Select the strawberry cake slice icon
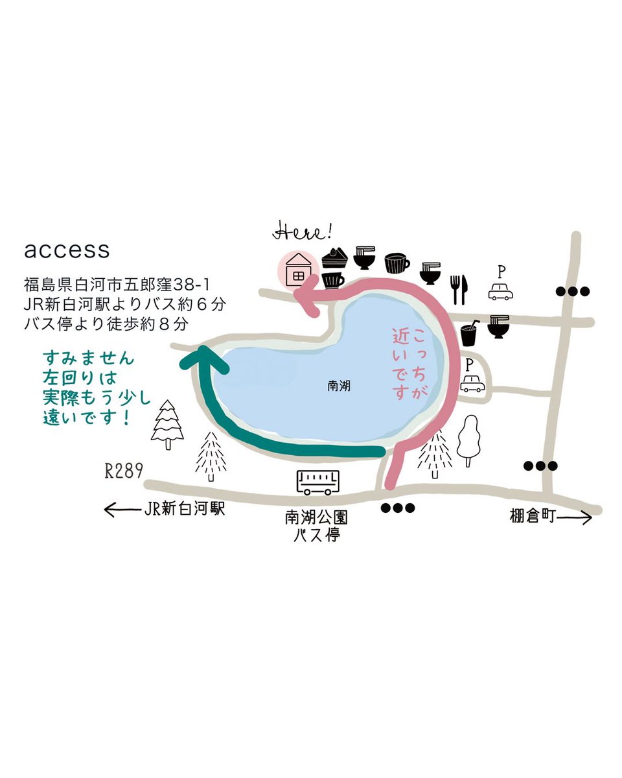[335, 258]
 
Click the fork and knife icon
[459, 289]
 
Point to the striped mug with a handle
[397, 263]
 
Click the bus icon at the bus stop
[318, 482]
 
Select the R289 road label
[124, 471]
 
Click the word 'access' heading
[67, 250]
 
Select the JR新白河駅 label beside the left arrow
[184, 508]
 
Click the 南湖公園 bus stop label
[316, 517]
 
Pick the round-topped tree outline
[468, 441]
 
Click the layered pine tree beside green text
[167, 425]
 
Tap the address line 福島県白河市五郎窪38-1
[117, 285]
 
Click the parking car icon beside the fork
[501, 291]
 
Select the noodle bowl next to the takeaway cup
[498, 327]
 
